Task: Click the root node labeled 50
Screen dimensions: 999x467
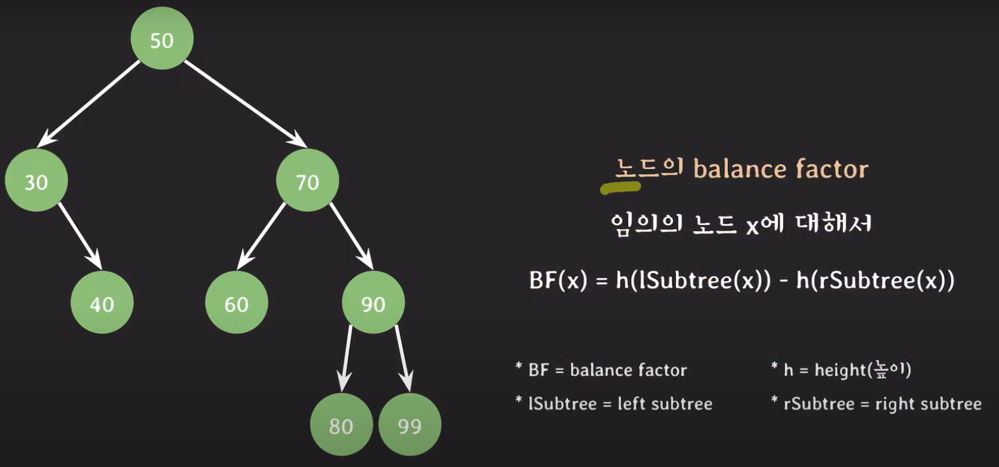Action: tap(162, 38)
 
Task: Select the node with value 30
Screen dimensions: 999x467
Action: tap(36, 180)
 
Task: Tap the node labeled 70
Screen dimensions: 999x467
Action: tap(307, 180)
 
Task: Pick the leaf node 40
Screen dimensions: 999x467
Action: tap(102, 302)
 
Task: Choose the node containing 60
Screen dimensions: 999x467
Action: tap(237, 302)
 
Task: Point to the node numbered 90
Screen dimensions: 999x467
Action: tap(373, 302)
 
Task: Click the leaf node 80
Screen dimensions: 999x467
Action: tap(341, 425)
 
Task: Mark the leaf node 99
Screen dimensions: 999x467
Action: tap(410, 425)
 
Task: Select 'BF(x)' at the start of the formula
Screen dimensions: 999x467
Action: tap(558, 280)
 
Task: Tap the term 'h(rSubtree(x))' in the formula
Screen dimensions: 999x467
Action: tap(875, 280)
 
